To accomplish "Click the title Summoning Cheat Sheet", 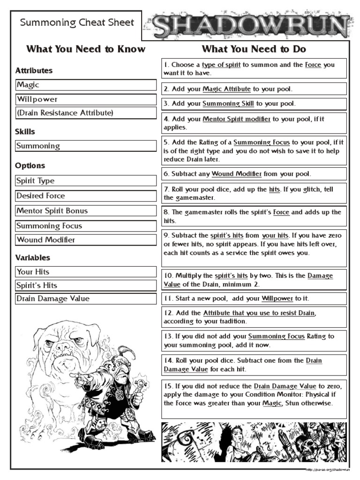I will coord(77,22).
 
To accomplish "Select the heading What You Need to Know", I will coord(86,49).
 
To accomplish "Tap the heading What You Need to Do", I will coord(254,49).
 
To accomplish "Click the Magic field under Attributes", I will coord(86,85).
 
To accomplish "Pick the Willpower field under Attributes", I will coord(86,99).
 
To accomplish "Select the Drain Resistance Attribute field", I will coord(86,113).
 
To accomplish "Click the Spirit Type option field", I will coord(86,181).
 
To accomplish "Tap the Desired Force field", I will coord(86,196).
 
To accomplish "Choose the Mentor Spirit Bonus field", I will coord(86,211).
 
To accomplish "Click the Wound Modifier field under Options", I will coord(86,240).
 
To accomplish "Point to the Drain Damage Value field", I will coord(86,299).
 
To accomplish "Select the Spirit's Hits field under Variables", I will coord(86,285).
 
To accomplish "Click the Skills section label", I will coord(25,132).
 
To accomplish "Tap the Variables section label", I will coord(32,258).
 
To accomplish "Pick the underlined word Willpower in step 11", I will coord(277,298).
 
